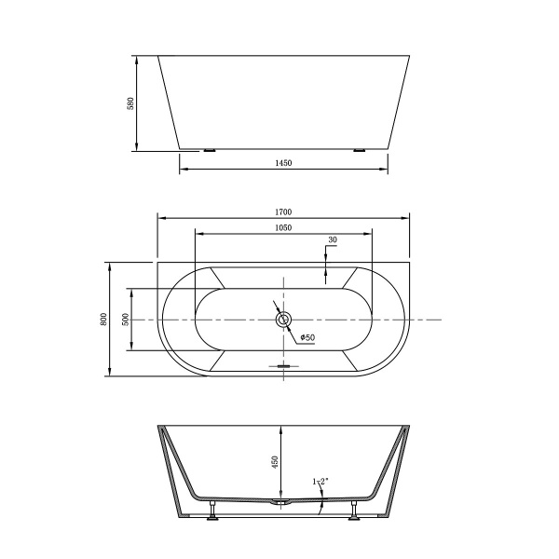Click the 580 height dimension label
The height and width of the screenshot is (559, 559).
[131, 102]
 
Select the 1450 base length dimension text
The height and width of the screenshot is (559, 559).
[284, 162]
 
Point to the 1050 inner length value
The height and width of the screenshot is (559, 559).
[284, 227]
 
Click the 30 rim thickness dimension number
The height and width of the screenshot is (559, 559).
[332, 240]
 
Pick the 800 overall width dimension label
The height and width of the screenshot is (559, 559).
[102, 319]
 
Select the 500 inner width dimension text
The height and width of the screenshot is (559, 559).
[125, 319]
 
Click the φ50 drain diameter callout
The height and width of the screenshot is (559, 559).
[307, 337]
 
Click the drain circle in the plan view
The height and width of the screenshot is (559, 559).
[284, 320]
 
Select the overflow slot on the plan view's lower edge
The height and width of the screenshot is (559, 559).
[284, 365]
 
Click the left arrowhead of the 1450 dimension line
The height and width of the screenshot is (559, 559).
[183, 169]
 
